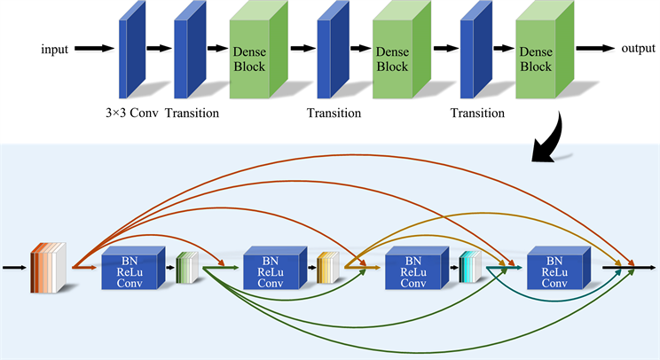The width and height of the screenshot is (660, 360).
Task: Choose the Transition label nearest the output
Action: pyautogui.click(x=478, y=113)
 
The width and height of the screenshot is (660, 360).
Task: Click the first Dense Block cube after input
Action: pyautogui.click(x=257, y=51)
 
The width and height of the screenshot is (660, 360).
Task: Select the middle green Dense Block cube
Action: pyautogui.click(x=401, y=51)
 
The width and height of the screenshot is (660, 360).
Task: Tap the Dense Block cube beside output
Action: pyautogui.click(x=543, y=51)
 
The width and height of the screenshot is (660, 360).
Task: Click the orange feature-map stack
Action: pyautogui.click(x=49, y=266)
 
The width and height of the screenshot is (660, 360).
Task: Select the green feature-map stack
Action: pyautogui.click(x=186, y=266)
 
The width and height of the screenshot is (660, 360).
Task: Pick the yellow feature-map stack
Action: pyautogui.click(x=328, y=266)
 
